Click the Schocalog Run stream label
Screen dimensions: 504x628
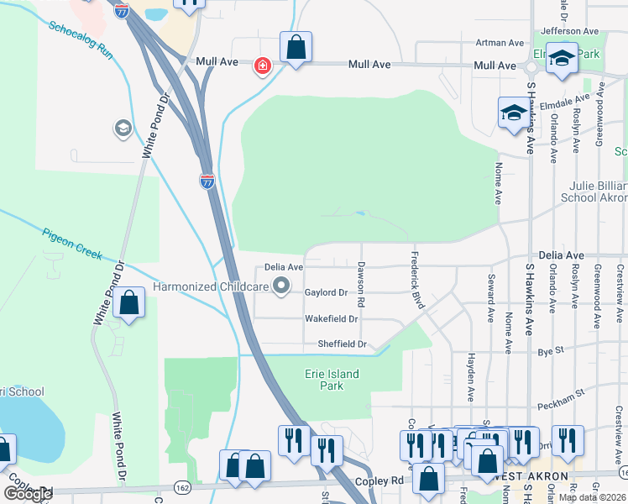[x=81, y=39]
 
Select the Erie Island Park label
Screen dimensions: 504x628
[x=332, y=380]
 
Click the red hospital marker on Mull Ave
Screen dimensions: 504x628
[x=263, y=66]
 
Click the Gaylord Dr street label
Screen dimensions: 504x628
[x=327, y=292]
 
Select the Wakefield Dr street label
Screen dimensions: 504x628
[x=331, y=319]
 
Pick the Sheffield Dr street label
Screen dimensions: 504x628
[x=342, y=344]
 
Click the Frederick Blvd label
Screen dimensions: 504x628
[x=416, y=279]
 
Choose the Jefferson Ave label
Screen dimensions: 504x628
[x=571, y=31]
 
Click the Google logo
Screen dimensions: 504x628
[x=28, y=494]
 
